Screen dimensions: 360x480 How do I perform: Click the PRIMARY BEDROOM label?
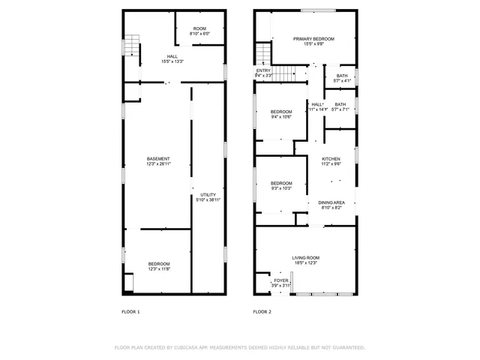point(313,39)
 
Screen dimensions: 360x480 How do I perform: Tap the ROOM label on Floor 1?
point(199,28)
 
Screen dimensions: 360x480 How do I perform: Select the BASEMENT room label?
point(158,158)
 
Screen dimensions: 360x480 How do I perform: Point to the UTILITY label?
point(208,194)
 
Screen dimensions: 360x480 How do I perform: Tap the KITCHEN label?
point(331,159)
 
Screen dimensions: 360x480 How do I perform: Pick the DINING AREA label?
point(331,202)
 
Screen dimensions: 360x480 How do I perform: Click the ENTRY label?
point(263,71)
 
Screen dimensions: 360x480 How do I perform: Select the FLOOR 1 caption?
point(131,311)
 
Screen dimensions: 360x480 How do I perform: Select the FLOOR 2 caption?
point(262,311)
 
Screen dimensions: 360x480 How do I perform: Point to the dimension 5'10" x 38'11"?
point(208,199)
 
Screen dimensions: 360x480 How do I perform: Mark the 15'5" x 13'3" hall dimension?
point(172,61)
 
